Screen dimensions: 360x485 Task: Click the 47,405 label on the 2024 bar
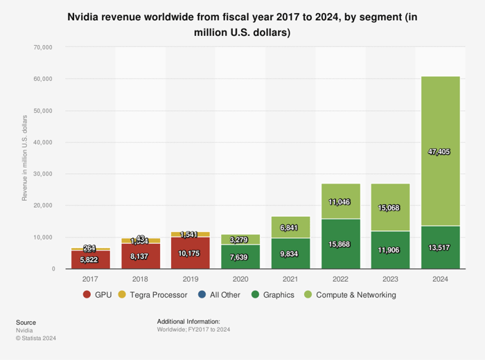tap(440, 152)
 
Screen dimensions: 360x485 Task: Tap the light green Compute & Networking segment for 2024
tap(440, 111)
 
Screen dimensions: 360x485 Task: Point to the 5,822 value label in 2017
tap(90, 260)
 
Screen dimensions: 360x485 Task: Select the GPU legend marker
tap(87, 295)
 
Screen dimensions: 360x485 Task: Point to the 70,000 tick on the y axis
tap(43, 47)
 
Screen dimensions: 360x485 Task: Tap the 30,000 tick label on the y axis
tap(43, 174)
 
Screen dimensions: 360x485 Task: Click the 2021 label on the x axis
tap(290, 278)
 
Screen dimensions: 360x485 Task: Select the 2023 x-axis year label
tap(390, 278)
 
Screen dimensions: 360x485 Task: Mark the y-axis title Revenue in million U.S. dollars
tap(25, 158)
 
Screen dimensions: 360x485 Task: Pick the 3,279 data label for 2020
tap(240, 240)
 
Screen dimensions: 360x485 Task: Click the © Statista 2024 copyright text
tap(36, 339)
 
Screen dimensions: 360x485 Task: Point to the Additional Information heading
tap(188, 322)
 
